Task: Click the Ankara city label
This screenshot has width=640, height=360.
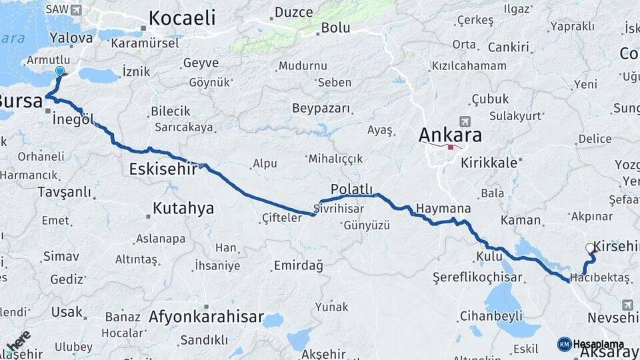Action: point(450,135)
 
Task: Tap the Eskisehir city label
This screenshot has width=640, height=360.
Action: point(163,169)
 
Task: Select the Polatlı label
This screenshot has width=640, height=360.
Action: point(351,189)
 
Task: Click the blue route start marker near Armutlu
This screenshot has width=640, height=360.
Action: point(60,71)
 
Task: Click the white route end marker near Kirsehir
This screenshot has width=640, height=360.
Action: point(590,248)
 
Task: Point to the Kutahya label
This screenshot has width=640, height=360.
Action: point(183,208)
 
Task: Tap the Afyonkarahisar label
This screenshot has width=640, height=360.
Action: point(207,317)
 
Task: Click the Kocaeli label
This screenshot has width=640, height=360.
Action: point(181,18)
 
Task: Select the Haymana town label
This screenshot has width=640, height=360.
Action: point(443,209)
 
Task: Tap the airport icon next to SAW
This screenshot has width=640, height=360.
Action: point(76,10)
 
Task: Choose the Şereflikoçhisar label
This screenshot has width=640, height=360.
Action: point(471,276)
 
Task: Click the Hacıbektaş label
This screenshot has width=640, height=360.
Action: point(600,277)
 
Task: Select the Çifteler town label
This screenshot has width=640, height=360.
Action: point(283,217)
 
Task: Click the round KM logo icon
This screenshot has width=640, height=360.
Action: point(564,344)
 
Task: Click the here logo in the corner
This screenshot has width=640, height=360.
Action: point(19,341)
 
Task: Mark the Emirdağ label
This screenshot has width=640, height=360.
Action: point(298,266)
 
